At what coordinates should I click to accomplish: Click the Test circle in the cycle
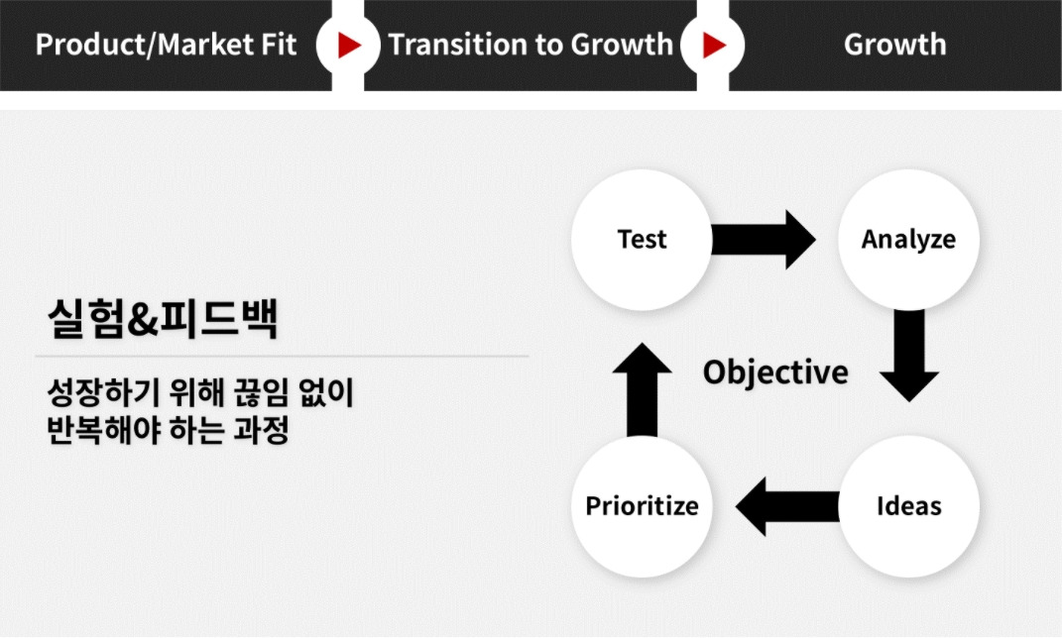(642, 240)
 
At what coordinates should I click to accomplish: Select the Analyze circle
(909, 240)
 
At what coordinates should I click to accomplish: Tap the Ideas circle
(909, 506)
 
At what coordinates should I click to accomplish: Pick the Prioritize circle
(642, 506)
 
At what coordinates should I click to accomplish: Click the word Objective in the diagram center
(775, 372)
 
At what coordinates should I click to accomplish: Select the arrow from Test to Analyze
(764, 240)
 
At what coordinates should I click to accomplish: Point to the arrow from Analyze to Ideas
(909, 356)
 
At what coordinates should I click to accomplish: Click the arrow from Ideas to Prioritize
(787, 506)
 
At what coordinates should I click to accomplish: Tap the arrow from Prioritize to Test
(642, 389)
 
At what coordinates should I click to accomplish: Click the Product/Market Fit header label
(166, 45)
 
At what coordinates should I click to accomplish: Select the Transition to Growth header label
(531, 45)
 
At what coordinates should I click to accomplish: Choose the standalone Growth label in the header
(894, 45)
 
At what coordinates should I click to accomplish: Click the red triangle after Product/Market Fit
(349, 46)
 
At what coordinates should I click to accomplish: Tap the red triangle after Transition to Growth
(714, 46)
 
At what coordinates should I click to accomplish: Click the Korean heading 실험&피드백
(163, 318)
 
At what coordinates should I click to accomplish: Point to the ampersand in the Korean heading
(142, 320)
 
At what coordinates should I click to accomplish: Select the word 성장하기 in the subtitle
(103, 392)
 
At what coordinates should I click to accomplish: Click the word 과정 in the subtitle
(262, 430)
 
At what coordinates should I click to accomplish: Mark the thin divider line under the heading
(282, 356)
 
